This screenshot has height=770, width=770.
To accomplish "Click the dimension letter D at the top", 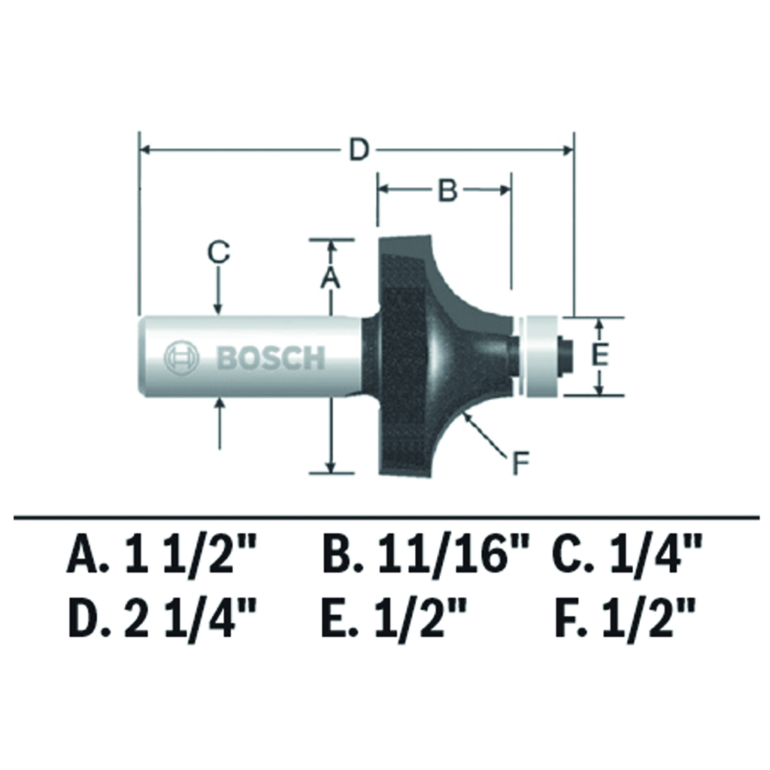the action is tap(359, 150).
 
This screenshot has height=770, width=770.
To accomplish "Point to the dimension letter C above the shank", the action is tap(219, 253).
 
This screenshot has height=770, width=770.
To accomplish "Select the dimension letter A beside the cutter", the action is tap(330, 278).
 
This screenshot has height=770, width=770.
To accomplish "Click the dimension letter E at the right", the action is tap(599, 355).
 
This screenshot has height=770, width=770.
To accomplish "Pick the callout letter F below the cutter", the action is tap(520, 464).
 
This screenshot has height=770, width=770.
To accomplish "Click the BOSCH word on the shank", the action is tap(271, 357).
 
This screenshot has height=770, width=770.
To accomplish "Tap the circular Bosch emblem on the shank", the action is tap(182, 357).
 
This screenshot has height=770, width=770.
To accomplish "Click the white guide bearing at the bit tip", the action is tap(541, 356).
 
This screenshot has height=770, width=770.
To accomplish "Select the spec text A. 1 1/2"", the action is tap(162, 556).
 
